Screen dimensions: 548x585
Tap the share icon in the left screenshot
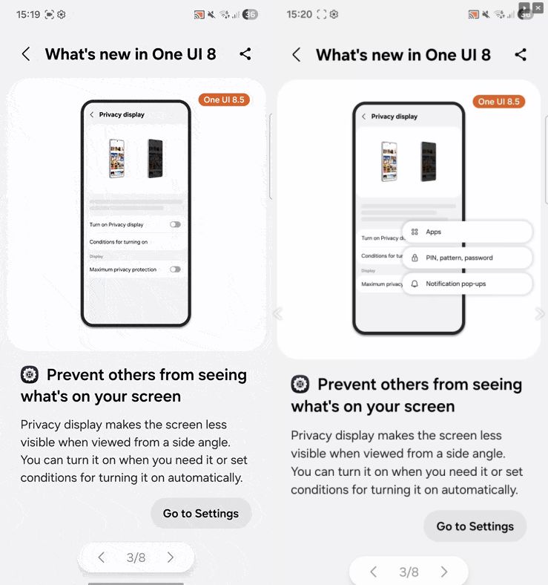(x=245, y=54)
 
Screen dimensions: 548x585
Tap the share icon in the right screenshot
(x=521, y=55)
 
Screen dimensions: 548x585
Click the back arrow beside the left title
(x=26, y=54)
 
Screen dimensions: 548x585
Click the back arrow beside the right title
(x=297, y=55)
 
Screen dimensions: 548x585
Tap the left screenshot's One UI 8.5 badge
(x=224, y=100)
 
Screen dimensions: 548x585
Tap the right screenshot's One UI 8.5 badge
(x=499, y=102)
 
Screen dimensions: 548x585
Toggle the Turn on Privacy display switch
(x=175, y=224)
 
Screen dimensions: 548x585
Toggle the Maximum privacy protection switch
(x=175, y=269)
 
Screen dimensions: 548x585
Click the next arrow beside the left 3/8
(x=171, y=558)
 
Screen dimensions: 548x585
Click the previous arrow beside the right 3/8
(x=373, y=572)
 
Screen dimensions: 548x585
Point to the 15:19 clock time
(x=28, y=15)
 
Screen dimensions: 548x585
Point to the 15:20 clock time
(x=299, y=15)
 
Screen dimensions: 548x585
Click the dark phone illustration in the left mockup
(x=155, y=158)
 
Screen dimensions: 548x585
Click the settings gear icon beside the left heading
(x=30, y=375)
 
